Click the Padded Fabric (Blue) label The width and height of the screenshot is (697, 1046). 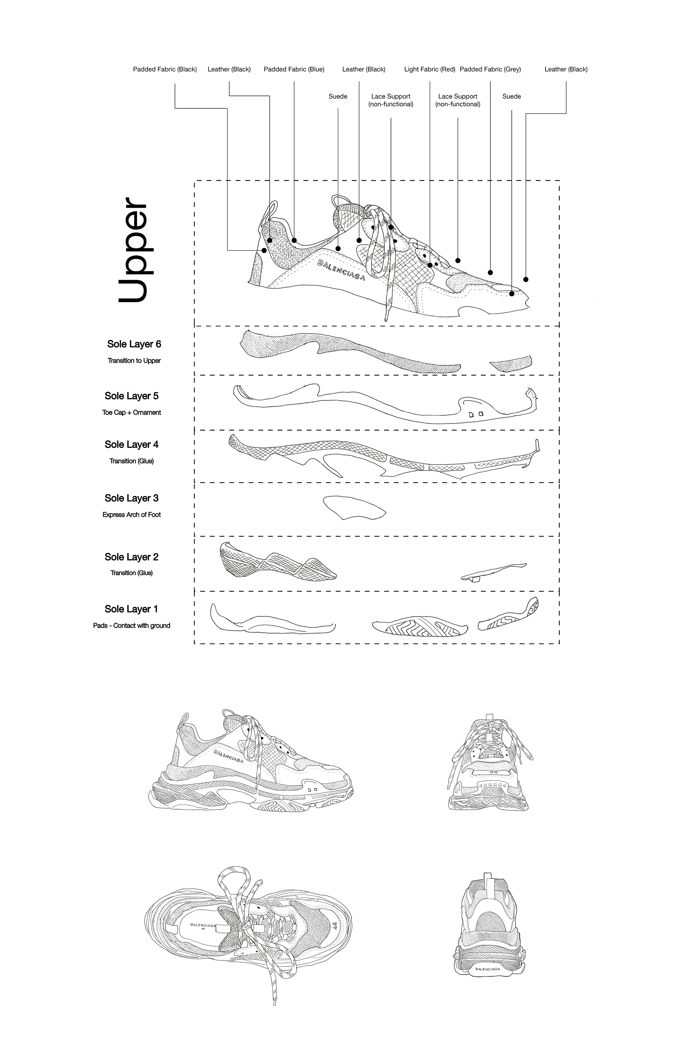pos(294,69)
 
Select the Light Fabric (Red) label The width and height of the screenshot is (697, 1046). pos(429,69)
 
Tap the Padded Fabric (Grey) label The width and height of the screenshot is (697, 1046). pos(490,69)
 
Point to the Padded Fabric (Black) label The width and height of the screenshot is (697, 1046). pos(165,69)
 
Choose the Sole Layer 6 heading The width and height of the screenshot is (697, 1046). pos(134,344)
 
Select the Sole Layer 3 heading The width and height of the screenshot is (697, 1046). pos(131,498)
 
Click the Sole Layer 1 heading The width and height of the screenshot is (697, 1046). pos(131,609)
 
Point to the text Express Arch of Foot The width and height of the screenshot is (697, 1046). pos(131,515)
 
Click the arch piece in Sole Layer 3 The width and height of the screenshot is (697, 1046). pos(353,507)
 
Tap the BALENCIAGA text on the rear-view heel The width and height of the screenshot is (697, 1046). pos(488,969)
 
